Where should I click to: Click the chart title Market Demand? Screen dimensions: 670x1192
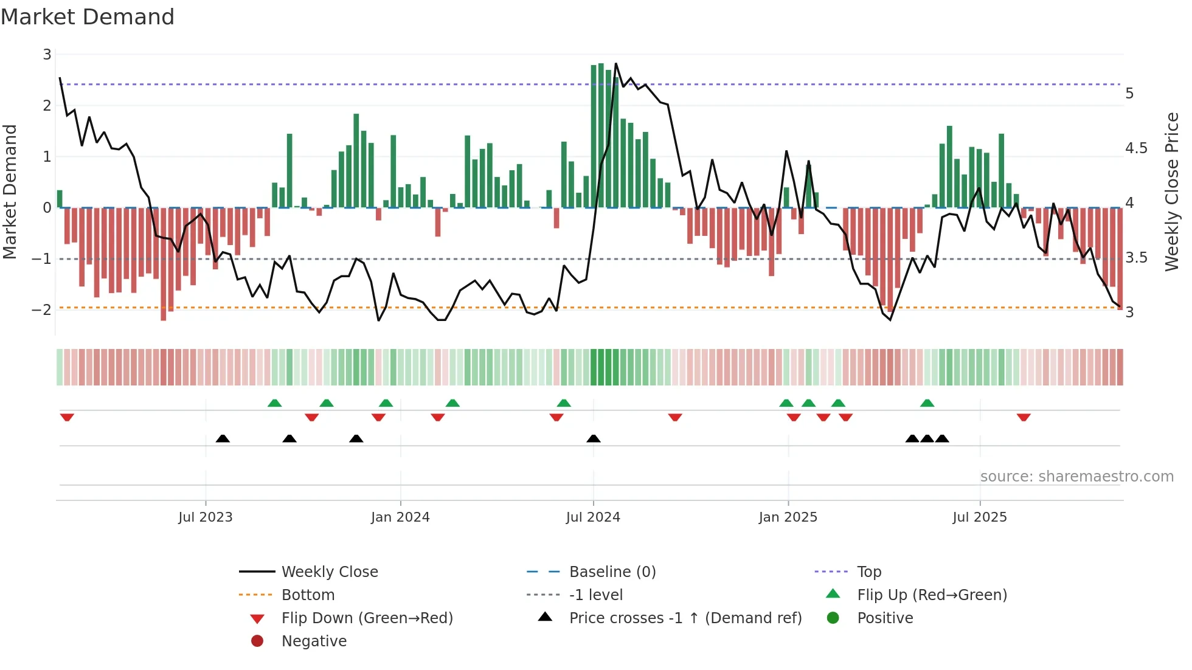(88, 17)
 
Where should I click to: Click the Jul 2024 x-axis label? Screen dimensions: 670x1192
(593, 517)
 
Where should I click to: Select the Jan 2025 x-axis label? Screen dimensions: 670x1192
(788, 517)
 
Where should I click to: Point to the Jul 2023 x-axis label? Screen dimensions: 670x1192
(206, 517)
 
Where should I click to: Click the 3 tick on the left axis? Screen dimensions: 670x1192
(47, 55)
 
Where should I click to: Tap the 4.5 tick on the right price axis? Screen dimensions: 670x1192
(1136, 148)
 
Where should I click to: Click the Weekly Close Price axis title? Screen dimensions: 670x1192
(1172, 192)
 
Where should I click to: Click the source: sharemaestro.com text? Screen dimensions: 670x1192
(1076, 476)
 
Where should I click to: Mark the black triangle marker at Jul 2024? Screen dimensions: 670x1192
(594, 438)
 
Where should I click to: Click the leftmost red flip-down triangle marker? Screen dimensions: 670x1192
(67, 417)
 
